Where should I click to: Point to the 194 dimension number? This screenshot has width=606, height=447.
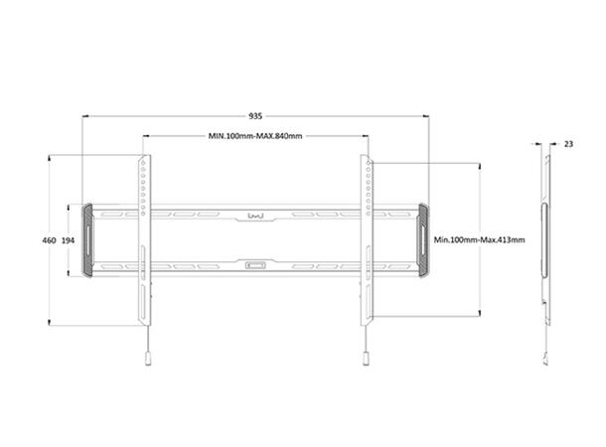pos(68,240)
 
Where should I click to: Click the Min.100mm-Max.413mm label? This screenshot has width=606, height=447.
pos(480,240)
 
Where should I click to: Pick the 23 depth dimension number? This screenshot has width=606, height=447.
pos(568,144)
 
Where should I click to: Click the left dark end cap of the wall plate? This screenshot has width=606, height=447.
pos(88,240)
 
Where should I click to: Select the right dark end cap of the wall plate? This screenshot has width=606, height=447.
pos(424,240)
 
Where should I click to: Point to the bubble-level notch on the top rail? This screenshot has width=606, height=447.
pos(255,215)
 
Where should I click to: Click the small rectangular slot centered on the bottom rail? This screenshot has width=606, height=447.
pos(255,265)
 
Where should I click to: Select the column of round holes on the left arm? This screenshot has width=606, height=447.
pos(143,186)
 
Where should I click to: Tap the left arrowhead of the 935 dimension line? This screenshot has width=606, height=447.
pos(85,115)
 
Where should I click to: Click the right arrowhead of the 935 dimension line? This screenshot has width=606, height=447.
pos(426,115)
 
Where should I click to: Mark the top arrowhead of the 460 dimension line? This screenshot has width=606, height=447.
pos(49,156)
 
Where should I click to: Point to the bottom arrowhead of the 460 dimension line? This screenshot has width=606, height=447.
pos(49,324)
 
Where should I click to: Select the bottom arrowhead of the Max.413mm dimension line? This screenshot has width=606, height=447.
pos(480,315)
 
